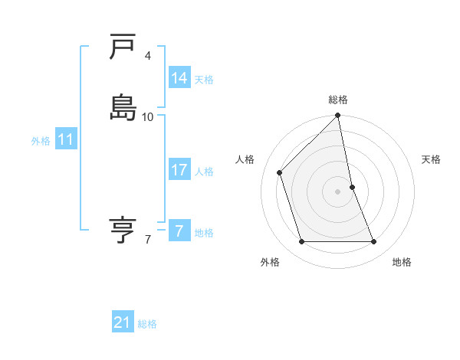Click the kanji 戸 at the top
[123, 47]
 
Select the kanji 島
[123, 107]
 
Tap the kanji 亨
[123, 228]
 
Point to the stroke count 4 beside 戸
[148, 56]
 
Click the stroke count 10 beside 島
[148, 116]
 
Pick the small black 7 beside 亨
[148, 240]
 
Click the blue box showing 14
[179, 78]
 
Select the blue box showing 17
[179, 170]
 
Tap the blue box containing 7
[179, 231]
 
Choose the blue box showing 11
[65, 139]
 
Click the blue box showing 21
[122, 322]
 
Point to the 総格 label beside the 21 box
[147, 324]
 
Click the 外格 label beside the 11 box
[40, 141]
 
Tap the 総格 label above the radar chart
[338, 100]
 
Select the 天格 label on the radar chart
[432, 159]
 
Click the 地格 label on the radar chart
[402, 262]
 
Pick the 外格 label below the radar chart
[270, 262]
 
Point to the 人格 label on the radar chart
[245, 159]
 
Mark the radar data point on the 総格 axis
[338, 116]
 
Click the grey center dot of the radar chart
[338, 191]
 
